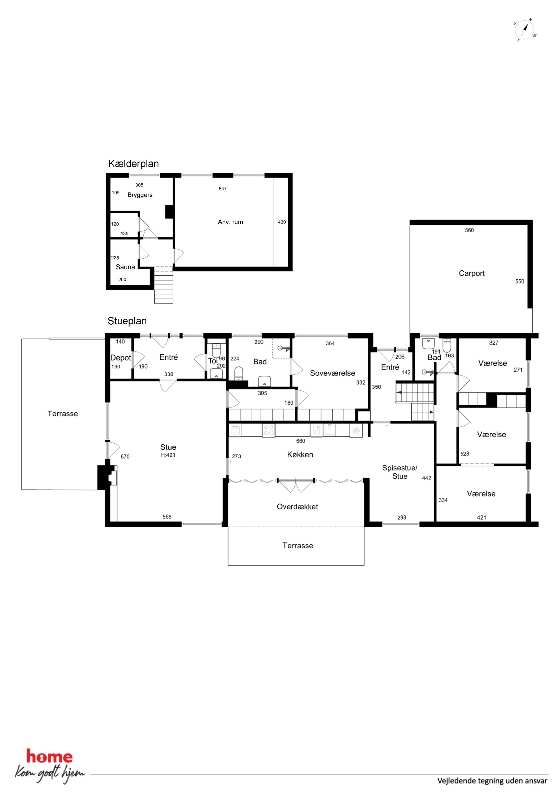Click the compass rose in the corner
click(525, 30)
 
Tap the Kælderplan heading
click(134, 164)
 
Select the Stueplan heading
click(127, 321)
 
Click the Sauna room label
click(125, 267)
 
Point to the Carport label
click(471, 273)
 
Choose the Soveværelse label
click(332, 373)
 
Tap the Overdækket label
click(297, 507)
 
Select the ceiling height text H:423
click(168, 455)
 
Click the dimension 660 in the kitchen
click(301, 441)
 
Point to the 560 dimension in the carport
click(469, 230)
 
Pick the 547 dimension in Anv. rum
click(222, 189)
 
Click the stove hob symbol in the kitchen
click(269, 430)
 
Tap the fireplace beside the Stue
click(107, 477)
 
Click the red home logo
click(49, 756)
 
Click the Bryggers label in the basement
click(140, 195)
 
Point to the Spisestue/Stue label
click(400, 472)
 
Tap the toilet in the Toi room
click(216, 350)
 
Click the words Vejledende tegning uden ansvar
click(492, 781)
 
